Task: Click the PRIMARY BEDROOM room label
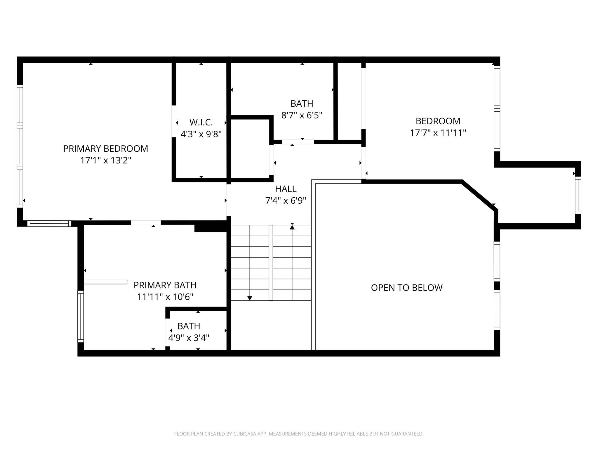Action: [106, 148]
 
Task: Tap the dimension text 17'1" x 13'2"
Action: [106, 160]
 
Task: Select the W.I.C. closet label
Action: [201, 122]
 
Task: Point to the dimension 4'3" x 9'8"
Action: [201, 134]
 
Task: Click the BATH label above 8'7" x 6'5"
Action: [302, 103]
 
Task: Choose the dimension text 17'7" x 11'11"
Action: [438, 133]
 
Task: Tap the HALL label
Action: [286, 189]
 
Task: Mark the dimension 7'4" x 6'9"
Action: [286, 201]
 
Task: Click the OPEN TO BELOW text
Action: [407, 288]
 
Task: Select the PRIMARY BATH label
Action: [165, 285]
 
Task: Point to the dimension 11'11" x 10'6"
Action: [165, 297]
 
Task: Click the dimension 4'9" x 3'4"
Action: [189, 338]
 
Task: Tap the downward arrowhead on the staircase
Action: [250, 298]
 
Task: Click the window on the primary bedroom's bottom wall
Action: [49, 224]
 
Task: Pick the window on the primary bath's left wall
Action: [81, 316]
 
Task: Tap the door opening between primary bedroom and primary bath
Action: [146, 223]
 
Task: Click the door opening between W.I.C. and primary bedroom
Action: [174, 121]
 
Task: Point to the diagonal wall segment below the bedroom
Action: [479, 196]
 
